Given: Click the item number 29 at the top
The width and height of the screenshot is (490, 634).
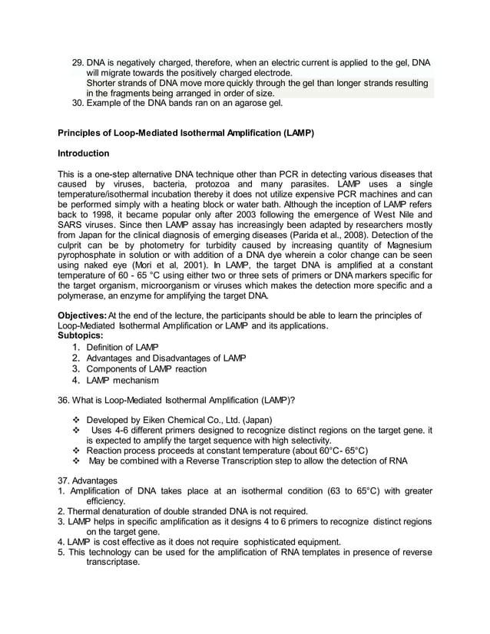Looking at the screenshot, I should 77,61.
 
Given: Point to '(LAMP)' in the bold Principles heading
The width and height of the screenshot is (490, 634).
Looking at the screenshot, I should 298,132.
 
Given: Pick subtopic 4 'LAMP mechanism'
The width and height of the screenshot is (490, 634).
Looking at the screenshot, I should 123,380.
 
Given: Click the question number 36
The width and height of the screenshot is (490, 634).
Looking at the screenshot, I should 65,400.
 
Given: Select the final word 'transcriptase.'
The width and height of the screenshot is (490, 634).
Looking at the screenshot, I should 114,562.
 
